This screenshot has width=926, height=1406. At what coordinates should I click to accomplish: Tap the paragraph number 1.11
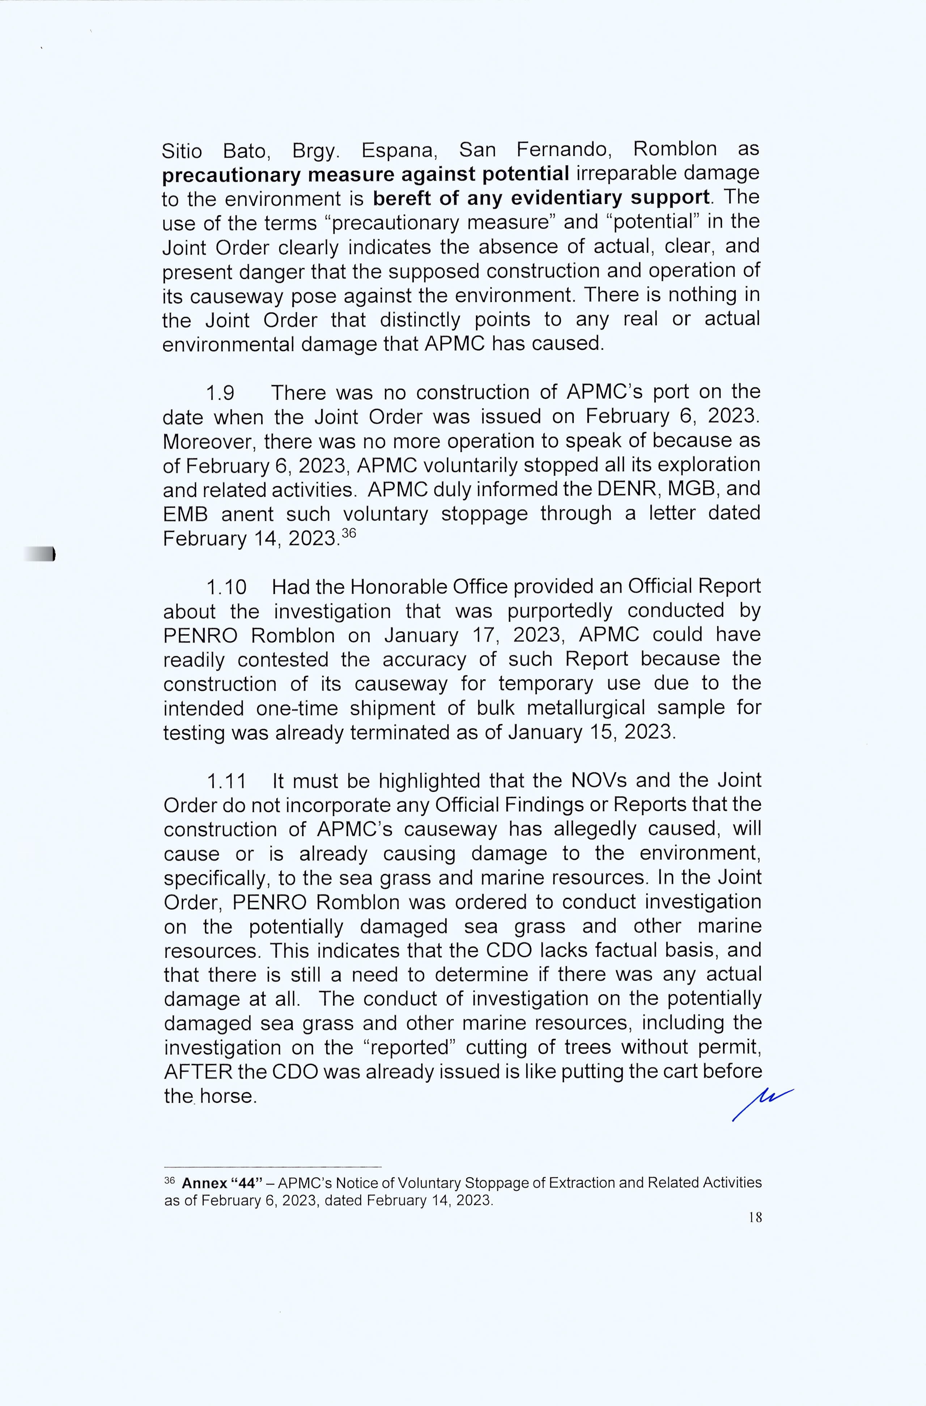coord(226,782)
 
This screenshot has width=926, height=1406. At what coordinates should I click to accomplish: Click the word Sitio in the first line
coord(182,151)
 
